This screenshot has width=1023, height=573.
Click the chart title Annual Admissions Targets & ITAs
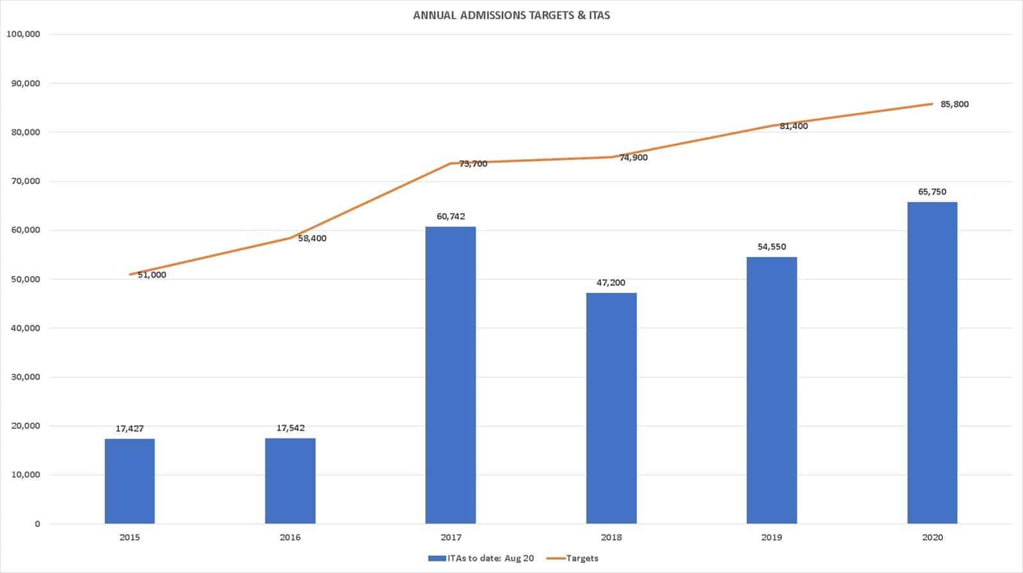click(511, 15)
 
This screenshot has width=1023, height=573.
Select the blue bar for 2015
click(130, 481)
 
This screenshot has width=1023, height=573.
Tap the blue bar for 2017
click(451, 375)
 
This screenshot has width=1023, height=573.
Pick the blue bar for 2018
click(611, 408)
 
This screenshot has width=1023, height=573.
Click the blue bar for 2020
click(932, 363)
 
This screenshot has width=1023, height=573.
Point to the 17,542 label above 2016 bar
click(290, 428)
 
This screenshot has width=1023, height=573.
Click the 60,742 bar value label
click(451, 216)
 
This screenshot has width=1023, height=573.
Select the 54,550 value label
click(772, 247)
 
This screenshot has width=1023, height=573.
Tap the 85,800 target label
click(954, 104)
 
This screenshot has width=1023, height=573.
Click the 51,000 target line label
click(152, 275)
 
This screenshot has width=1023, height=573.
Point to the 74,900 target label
click(633, 157)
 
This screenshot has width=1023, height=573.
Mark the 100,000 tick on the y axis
click(23, 34)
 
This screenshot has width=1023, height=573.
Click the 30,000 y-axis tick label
click(26, 377)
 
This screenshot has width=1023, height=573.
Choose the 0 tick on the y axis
click(37, 524)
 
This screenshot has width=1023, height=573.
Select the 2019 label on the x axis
click(772, 537)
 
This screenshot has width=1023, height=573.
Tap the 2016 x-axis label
click(290, 537)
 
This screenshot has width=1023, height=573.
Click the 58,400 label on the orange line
click(312, 239)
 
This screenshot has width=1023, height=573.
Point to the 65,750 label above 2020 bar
click(932, 192)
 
